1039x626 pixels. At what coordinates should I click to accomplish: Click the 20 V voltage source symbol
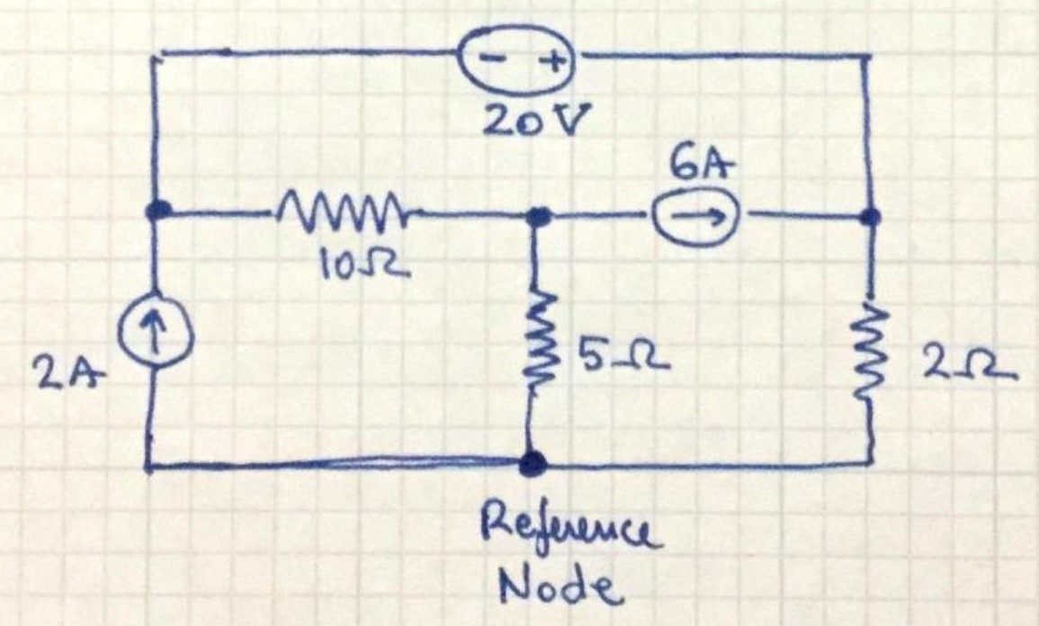click(x=519, y=62)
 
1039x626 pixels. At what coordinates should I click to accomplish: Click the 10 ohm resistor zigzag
click(x=340, y=213)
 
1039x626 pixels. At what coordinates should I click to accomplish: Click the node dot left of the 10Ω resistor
click(x=159, y=211)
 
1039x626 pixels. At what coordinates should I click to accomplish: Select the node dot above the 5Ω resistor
click(x=538, y=216)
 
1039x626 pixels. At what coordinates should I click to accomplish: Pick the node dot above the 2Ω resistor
click(x=869, y=217)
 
